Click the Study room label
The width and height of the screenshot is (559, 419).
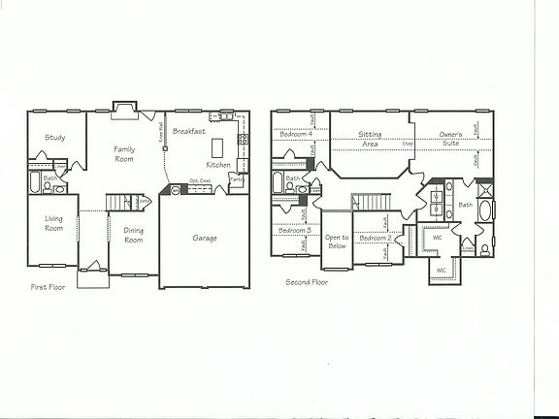[54, 138]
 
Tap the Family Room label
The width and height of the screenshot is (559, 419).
[124, 153]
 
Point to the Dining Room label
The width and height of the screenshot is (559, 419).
[134, 234]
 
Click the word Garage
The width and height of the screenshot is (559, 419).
[204, 238]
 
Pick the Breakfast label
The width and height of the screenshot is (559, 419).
[188, 130]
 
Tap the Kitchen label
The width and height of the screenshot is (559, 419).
[218, 165]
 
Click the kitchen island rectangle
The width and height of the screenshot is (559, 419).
[215, 146]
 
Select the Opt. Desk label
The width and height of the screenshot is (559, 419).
[200, 181]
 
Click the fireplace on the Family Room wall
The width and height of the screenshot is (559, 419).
[124, 108]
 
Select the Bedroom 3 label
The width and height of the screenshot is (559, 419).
[293, 230]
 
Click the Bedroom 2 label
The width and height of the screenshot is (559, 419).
[374, 237]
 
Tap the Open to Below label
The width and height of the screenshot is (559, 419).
[337, 242]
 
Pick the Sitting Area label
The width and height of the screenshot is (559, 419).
[369, 137]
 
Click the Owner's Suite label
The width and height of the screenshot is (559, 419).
[449, 137]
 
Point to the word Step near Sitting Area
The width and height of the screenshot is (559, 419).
[408, 144]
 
